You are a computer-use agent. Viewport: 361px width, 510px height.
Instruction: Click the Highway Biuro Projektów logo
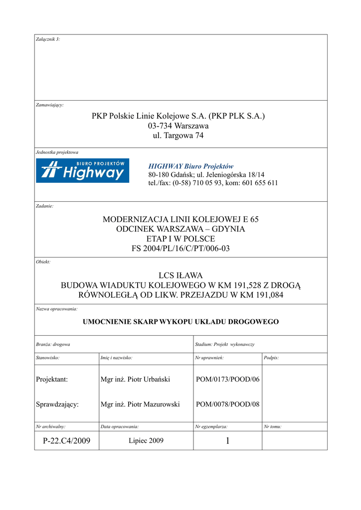[x=83, y=171]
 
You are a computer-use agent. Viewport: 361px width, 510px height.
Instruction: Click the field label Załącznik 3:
[x=48, y=39]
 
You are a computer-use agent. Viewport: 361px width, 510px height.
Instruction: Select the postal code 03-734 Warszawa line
[x=178, y=126]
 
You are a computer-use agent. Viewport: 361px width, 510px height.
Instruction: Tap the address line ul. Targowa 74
[x=178, y=135]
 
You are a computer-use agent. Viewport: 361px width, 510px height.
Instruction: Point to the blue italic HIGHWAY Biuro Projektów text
[x=190, y=166]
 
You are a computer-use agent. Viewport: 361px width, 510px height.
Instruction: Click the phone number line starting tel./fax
[x=213, y=183]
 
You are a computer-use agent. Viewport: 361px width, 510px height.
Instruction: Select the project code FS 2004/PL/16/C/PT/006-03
[x=180, y=248]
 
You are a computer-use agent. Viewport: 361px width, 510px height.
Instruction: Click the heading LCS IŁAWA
[x=180, y=275]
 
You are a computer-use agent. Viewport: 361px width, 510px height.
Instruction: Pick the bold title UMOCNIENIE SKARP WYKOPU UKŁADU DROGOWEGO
[x=180, y=322]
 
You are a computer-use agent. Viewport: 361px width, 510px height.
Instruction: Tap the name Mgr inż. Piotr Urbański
[x=135, y=380]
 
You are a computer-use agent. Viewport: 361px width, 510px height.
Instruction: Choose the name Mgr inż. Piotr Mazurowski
[x=140, y=404]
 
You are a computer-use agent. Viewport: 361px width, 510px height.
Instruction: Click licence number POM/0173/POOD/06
[x=228, y=380]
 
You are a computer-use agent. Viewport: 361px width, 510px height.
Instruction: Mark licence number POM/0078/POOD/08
[x=228, y=404]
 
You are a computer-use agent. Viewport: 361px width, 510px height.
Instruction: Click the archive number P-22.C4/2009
[x=66, y=441]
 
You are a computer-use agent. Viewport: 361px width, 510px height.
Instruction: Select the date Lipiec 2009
[x=146, y=441]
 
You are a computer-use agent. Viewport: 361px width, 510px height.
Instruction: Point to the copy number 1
[x=227, y=441]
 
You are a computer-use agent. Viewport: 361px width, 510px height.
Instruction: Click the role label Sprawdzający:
[x=57, y=404]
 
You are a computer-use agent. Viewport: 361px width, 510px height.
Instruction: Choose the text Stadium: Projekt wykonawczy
[x=224, y=344]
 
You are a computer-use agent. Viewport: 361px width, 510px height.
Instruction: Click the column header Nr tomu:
[x=272, y=427]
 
